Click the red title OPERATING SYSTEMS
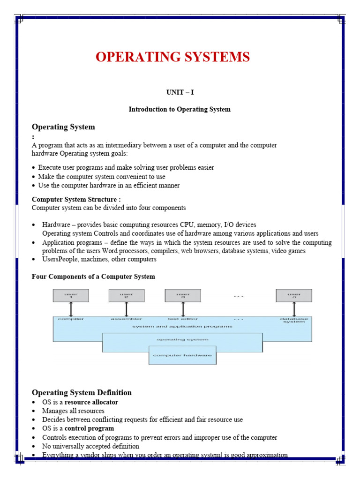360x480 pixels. coord(172,57)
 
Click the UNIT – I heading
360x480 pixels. coord(180,92)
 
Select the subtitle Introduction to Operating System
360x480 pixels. coord(180,109)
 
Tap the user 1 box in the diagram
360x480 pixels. coord(70,295)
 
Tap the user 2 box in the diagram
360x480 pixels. coord(126,295)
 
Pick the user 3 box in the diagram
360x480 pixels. coord(182,295)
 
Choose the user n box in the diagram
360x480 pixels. coord(294,295)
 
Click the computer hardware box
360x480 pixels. coord(182,355)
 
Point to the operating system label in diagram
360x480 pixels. coord(182,339)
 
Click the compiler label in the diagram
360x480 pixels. coord(70,319)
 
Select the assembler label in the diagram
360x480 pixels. coord(126,319)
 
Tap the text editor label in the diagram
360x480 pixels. coord(182,319)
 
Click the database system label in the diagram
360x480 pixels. coord(294,321)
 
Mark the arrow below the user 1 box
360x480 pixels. coord(70,309)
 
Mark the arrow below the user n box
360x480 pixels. coord(294,309)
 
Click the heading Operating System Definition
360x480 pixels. coord(82,392)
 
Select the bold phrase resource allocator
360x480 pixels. coord(91,402)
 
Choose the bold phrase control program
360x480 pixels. coord(89,428)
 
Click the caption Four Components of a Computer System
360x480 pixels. coord(93,277)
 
